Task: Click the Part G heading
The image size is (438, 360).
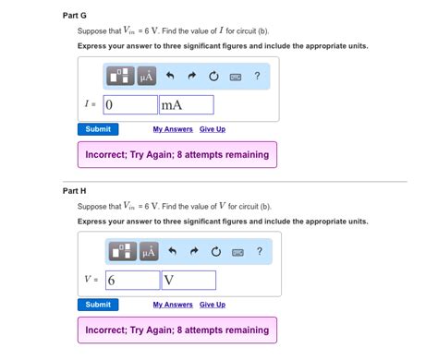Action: pyautogui.click(x=74, y=16)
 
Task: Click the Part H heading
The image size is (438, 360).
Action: pyautogui.click(x=74, y=191)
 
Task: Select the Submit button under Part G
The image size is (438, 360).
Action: pyautogui.click(x=98, y=129)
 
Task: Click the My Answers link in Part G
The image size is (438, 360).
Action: pyautogui.click(x=172, y=129)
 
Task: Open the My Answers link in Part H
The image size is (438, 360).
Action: pyautogui.click(x=172, y=305)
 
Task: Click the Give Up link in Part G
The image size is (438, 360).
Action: pyautogui.click(x=213, y=129)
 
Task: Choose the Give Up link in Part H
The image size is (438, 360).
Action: pyautogui.click(x=213, y=305)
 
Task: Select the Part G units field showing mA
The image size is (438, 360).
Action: pyautogui.click(x=186, y=104)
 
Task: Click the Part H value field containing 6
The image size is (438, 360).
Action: pyautogui.click(x=132, y=280)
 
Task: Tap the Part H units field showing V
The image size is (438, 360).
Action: pyautogui.click(x=189, y=280)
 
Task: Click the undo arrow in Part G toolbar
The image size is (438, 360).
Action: pyautogui.click(x=170, y=76)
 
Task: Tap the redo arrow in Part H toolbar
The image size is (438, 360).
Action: pyautogui.click(x=193, y=251)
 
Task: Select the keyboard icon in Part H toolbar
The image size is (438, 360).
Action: pyautogui.click(x=236, y=251)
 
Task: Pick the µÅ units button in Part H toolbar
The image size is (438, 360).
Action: pyautogui.click(x=147, y=251)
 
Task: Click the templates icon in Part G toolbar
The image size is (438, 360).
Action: pyautogui.click(x=121, y=76)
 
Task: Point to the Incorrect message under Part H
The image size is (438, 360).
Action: pyautogui.click(x=177, y=330)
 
